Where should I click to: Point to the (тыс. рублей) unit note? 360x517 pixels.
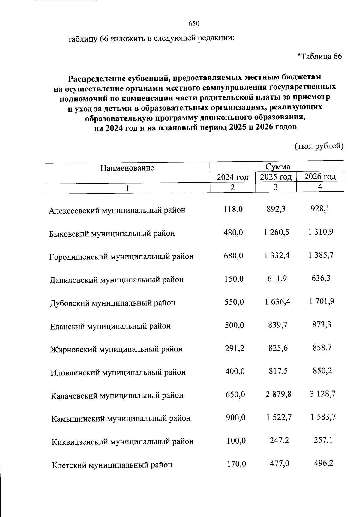(x=319, y=146)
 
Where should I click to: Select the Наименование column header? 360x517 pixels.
(x=127, y=168)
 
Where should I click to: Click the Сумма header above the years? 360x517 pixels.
(x=278, y=167)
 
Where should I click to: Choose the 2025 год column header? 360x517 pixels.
(x=276, y=177)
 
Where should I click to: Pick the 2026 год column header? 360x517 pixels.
(x=320, y=177)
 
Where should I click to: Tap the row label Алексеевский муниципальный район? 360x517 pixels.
(x=117, y=210)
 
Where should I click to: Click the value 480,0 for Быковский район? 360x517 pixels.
(x=233, y=232)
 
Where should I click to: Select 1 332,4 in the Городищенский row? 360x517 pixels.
(x=277, y=256)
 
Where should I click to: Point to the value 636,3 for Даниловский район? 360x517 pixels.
(x=321, y=279)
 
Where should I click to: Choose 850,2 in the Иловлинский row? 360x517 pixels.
(x=322, y=371)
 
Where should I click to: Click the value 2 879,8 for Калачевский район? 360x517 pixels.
(x=278, y=394)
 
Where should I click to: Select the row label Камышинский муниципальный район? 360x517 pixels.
(x=121, y=418)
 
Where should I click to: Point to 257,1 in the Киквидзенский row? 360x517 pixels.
(x=323, y=441)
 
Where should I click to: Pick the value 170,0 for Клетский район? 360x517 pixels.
(x=236, y=464)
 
